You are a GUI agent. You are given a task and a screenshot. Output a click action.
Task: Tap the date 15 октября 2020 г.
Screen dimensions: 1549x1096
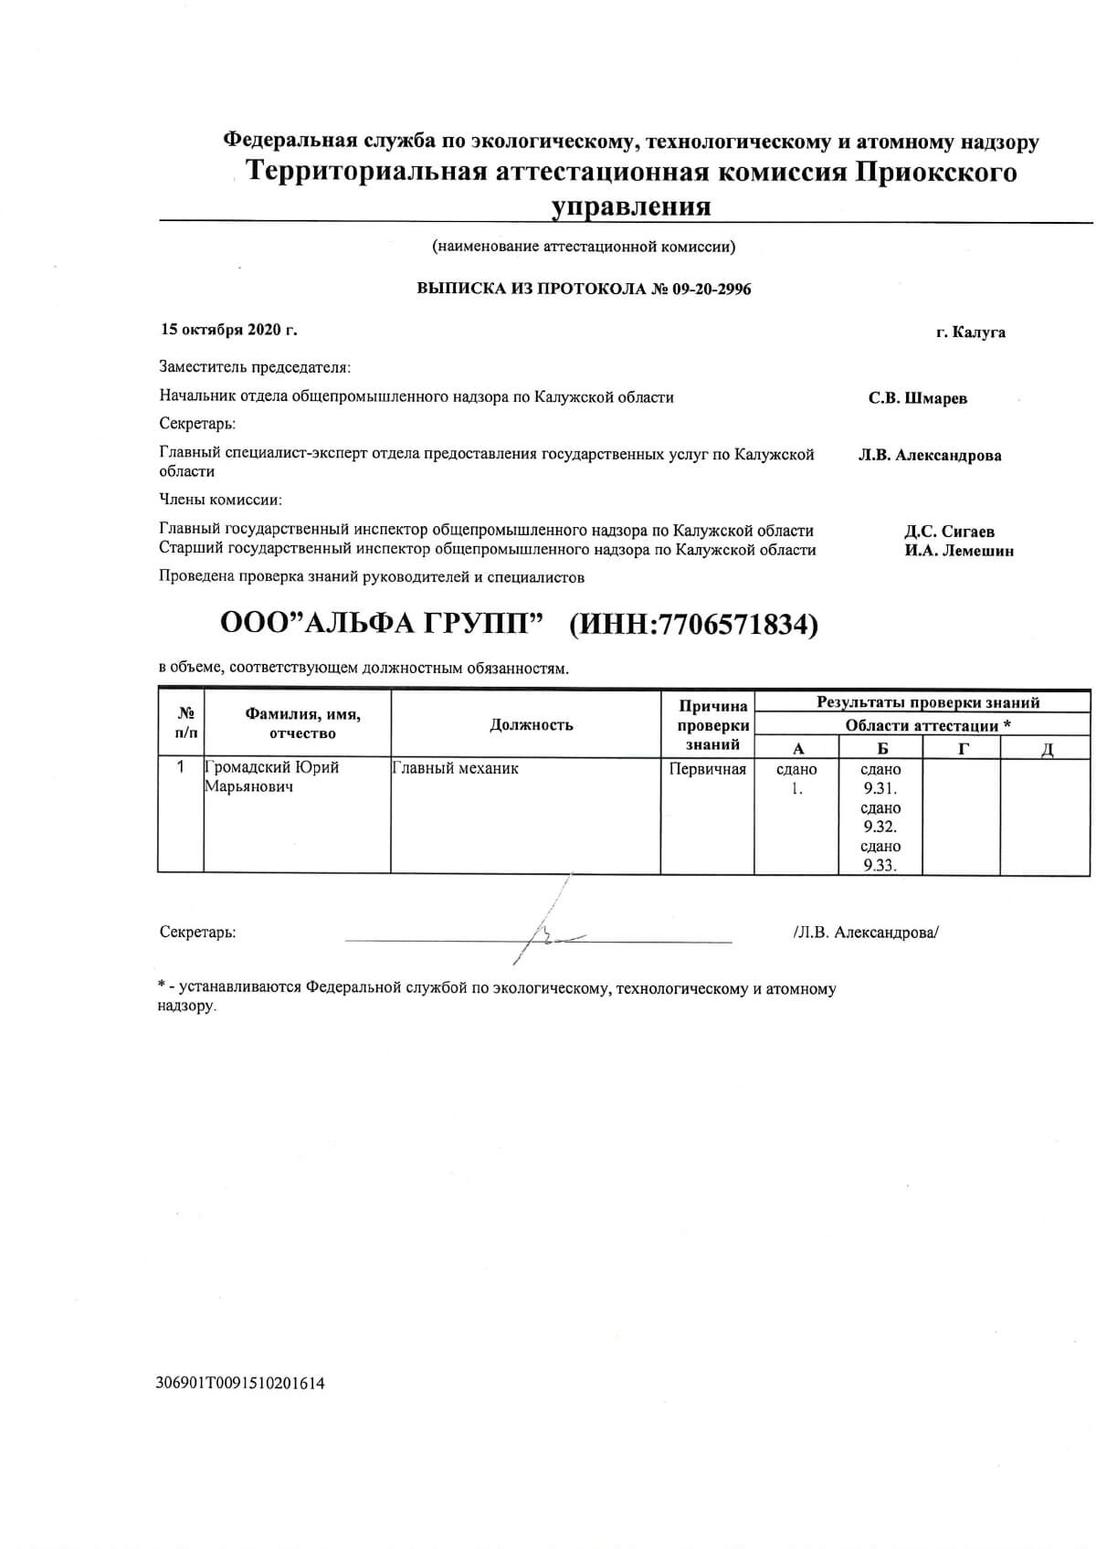229,330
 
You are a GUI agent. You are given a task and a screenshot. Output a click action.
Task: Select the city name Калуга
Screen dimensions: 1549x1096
978,332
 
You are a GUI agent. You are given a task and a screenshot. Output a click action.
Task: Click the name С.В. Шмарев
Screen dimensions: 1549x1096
917,398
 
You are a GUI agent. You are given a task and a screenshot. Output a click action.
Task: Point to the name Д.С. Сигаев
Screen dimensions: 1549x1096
950,532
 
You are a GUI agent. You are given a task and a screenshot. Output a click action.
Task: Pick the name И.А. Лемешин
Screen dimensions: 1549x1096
959,551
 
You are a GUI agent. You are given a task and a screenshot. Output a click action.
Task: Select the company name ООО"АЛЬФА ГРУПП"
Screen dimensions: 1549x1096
382,625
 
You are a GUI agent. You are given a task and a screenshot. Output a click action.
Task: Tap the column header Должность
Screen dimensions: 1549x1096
531,725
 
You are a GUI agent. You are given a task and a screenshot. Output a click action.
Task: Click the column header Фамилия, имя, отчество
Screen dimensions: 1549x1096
302,724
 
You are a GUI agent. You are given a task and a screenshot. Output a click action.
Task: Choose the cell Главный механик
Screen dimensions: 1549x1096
456,769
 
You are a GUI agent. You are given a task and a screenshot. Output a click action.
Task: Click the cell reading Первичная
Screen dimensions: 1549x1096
708,769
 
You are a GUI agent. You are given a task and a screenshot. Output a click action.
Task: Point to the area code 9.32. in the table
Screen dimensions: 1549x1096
880,827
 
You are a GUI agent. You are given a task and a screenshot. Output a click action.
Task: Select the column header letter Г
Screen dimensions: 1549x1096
963,749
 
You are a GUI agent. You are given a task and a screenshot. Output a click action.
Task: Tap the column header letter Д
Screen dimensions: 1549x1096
1048,750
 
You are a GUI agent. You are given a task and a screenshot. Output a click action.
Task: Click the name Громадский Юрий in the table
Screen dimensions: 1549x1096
272,768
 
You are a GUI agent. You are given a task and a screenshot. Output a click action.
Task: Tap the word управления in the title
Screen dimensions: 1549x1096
630,206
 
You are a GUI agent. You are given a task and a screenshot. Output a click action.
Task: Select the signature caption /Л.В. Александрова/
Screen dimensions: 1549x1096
866,933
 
